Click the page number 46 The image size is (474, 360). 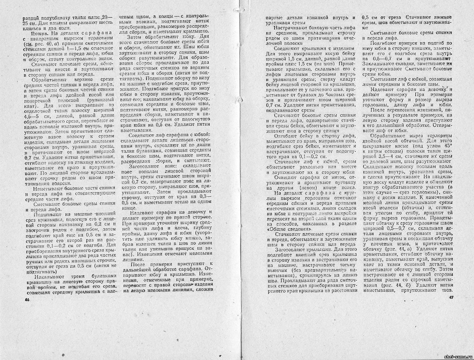(27, 299)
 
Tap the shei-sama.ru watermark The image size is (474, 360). (458, 357)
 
